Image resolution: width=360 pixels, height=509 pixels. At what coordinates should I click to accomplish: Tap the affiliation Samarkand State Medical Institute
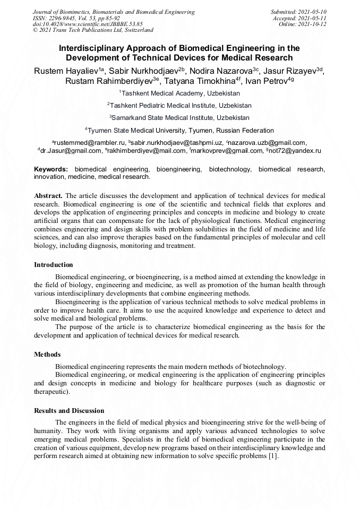click(x=181, y=118)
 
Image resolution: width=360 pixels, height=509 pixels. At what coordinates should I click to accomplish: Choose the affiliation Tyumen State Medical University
click(x=181, y=130)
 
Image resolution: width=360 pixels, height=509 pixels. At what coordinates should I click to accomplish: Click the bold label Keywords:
click(x=51, y=169)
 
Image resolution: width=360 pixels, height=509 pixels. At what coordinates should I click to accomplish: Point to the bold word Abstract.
click(x=48, y=195)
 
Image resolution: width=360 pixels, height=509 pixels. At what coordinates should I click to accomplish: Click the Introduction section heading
click(x=54, y=264)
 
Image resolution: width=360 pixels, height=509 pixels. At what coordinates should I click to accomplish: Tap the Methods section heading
click(x=47, y=354)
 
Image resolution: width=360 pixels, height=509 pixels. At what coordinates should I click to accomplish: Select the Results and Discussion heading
click(x=69, y=410)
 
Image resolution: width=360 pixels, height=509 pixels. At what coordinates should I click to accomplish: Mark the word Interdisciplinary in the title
click(x=97, y=48)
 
